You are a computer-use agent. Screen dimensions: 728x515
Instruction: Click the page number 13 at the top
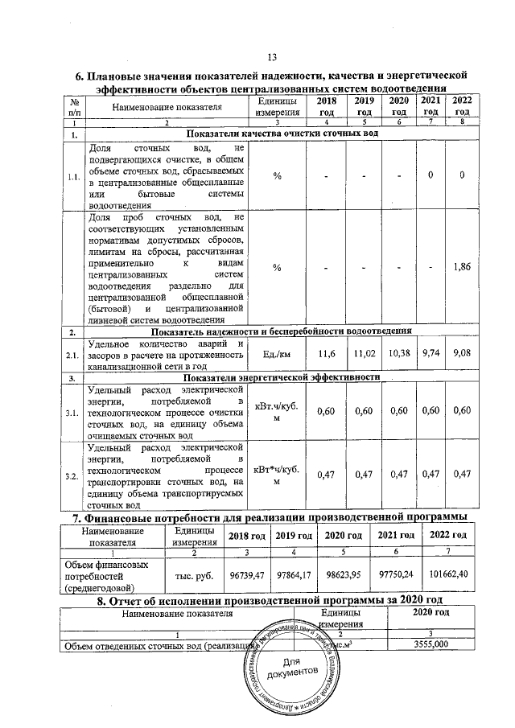(271, 56)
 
